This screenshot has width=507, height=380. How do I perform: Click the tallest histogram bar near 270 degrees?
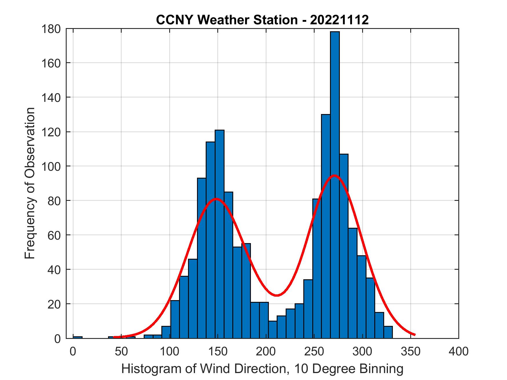[335, 185]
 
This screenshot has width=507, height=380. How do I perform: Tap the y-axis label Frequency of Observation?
[30, 183]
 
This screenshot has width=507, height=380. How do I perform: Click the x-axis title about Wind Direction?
[262, 369]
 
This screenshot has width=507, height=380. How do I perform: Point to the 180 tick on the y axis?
[54, 29]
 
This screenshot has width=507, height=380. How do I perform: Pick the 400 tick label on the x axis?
[459, 351]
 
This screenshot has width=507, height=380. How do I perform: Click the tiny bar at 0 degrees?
[78, 337]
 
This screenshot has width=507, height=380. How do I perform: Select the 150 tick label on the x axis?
[218, 351]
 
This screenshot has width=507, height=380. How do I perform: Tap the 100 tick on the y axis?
[54, 166]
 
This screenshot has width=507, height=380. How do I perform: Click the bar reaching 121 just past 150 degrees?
[219, 234]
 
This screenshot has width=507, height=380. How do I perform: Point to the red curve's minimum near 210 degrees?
[277, 295]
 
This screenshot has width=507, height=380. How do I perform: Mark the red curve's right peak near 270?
[334, 175]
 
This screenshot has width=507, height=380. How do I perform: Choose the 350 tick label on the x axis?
[411, 351]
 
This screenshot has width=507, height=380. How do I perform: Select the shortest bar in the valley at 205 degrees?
[273, 330]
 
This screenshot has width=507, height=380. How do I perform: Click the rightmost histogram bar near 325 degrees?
[388, 332]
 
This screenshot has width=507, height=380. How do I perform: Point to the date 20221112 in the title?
[339, 20]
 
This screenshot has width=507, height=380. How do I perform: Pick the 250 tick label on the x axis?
[314, 351]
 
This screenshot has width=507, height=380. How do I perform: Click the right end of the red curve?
[415, 335]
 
